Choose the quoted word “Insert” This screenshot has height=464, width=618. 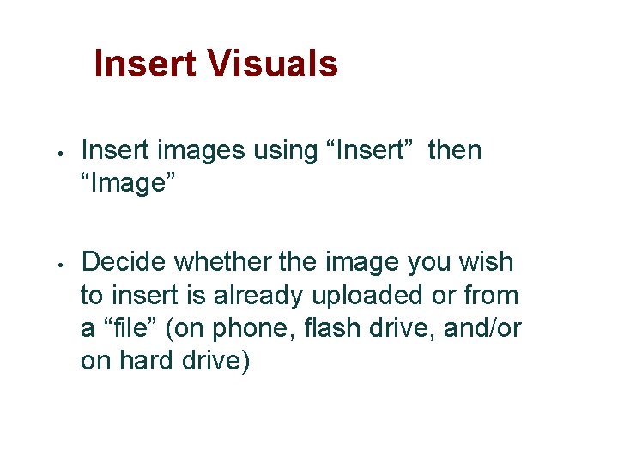360,150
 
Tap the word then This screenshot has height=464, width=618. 455,150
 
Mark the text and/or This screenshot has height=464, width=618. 482,327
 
